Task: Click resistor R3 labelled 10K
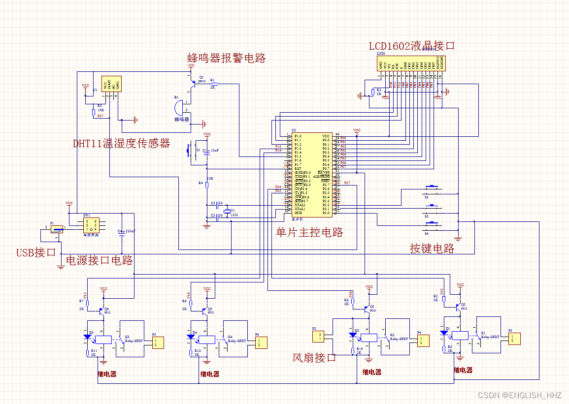click(x=94, y=112)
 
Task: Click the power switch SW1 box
click(x=91, y=225)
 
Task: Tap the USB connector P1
click(x=57, y=228)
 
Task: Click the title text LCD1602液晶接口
click(x=412, y=46)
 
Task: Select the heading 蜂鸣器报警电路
click(x=227, y=58)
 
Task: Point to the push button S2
click(x=432, y=187)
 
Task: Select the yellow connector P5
click(x=156, y=342)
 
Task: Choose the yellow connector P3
click(x=514, y=339)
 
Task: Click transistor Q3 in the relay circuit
click(x=367, y=308)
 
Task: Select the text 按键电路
click(x=432, y=249)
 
